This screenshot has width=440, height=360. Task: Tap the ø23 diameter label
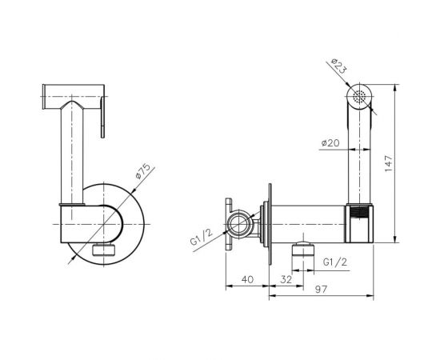coord(338,66)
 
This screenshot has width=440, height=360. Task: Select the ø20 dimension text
coord(330,143)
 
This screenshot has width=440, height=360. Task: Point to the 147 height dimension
coord(388,163)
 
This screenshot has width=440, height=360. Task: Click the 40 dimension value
coord(247,279)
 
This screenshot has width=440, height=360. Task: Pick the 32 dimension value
coord(286,279)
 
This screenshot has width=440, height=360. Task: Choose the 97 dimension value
coord(321,289)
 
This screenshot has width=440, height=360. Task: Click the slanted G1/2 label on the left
coord(202,237)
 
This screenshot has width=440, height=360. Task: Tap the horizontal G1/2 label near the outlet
coord(335,262)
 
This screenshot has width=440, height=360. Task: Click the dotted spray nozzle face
coord(359,97)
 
